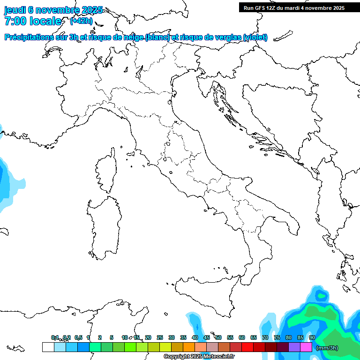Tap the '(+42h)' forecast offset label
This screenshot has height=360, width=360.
[81, 21]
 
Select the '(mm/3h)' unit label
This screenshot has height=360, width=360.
[327, 348]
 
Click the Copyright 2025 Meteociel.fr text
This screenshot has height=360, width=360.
[199, 357]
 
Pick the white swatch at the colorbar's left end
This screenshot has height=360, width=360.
[48, 347]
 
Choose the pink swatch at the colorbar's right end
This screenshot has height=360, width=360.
[306, 347]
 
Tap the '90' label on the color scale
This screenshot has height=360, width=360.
[312, 337]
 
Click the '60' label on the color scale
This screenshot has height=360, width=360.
[242, 337]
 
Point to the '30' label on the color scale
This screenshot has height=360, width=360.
[172, 337]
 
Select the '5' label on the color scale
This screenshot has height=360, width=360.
[112, 337]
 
